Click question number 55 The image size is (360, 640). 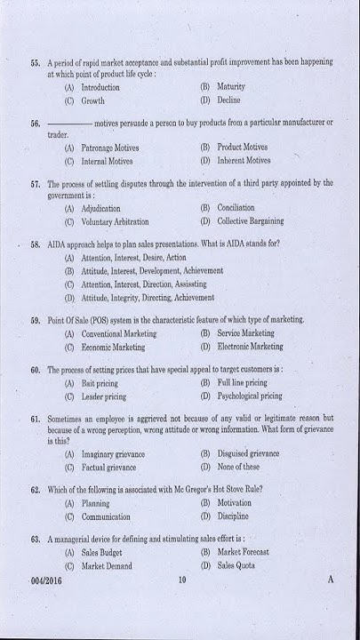tap(35, 62)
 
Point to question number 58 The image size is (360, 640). tap(35, 243)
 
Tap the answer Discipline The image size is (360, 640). tap(233, 516)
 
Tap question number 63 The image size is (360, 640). tap(35, 539)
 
